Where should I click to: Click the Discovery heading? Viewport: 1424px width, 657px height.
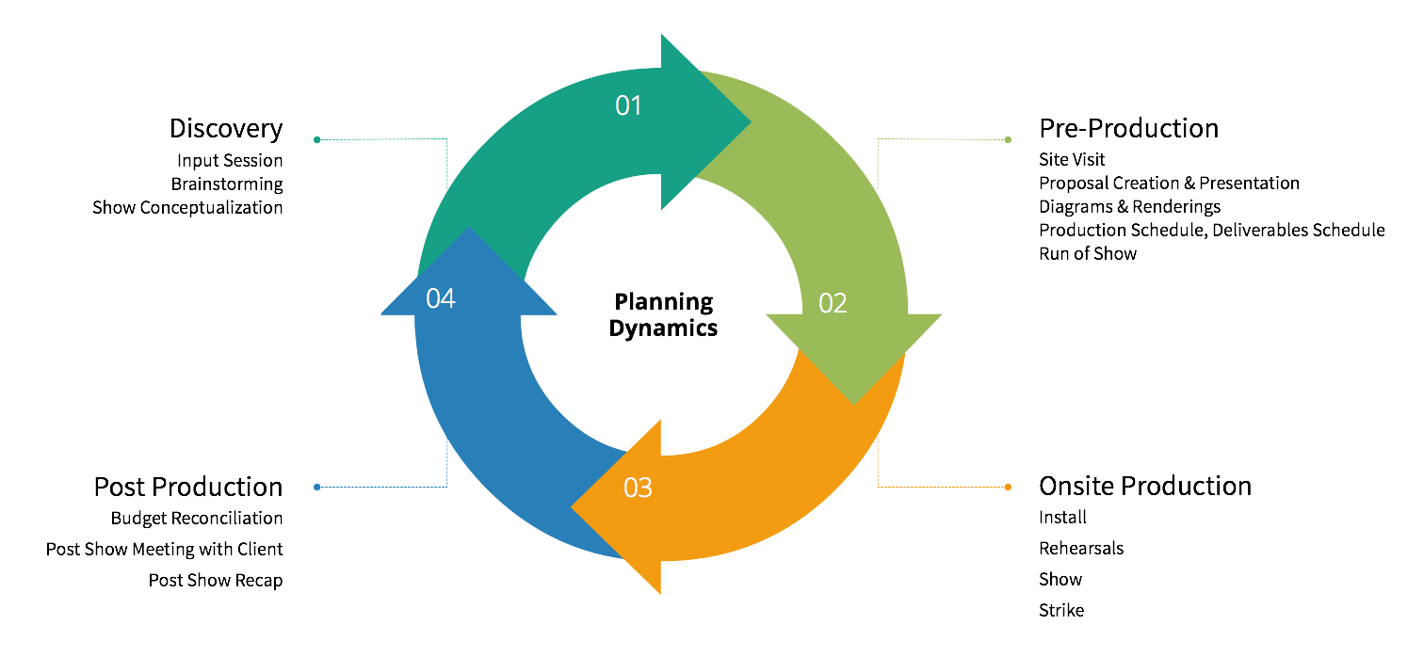(x=226, y=128)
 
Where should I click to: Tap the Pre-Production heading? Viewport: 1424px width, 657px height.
(x=1128, y=128)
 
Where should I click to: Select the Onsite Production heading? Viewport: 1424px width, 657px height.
(x=1144, y=486)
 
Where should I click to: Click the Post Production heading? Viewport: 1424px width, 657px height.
(x=188, y=487)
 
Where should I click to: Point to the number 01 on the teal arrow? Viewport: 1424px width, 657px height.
(x=628, y=105)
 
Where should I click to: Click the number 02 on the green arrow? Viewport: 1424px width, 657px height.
(x=833, y=303)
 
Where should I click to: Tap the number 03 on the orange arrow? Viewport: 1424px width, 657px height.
(x=638, y=488)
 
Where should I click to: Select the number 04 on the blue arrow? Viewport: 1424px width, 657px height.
(x=441, y=298)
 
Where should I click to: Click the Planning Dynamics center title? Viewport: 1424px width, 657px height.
(x=663, y=314)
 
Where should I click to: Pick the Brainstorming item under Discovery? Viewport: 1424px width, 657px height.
(x=227, y=184)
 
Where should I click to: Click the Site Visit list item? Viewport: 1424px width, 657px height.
(x=1072, y=160)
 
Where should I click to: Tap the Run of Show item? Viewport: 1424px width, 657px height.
(x=1088, y=253)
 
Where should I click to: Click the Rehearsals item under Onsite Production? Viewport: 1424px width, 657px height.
(x=1081, y=548)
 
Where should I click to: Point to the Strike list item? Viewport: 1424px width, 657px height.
(x=1061, y=610)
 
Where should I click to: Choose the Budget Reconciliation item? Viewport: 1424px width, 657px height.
(x=197, y=518)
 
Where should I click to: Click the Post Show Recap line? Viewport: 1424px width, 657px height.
(x=216, y=580)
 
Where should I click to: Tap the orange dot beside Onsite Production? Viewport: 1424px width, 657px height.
(x=1008, y=487)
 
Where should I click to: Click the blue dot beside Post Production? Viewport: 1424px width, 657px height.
(x=317, y=487)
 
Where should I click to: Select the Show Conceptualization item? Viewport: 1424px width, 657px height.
(x=187, y=207)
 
